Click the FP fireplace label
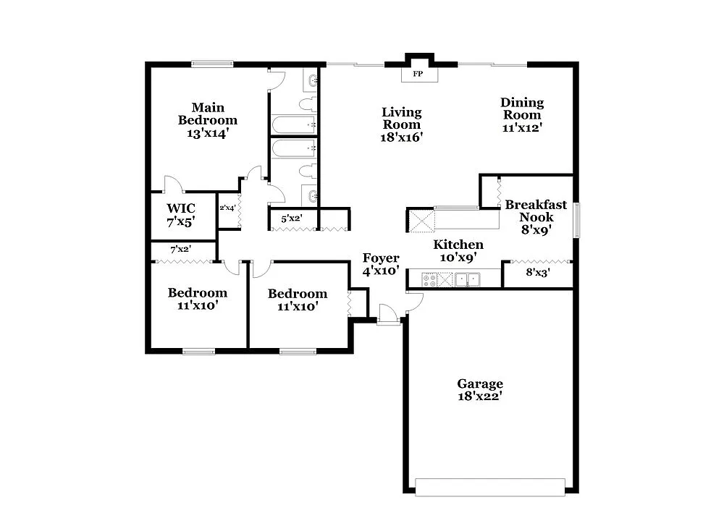tap(418, 74)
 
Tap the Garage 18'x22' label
tap(479, 389)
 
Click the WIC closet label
tap(181, 208)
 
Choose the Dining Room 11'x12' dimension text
tap(522, 127)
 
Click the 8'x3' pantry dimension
tap(539, 273)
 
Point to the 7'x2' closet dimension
tap(180, 250)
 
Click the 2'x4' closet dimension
tap(228, 208)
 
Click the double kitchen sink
tap(469, 279)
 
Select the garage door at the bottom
tap(489, 486)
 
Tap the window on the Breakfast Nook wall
tap(577, 220)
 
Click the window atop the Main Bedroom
tap(213, 64)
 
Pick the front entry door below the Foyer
tap(388, 321)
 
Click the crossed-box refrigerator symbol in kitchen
tap(420, 220)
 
